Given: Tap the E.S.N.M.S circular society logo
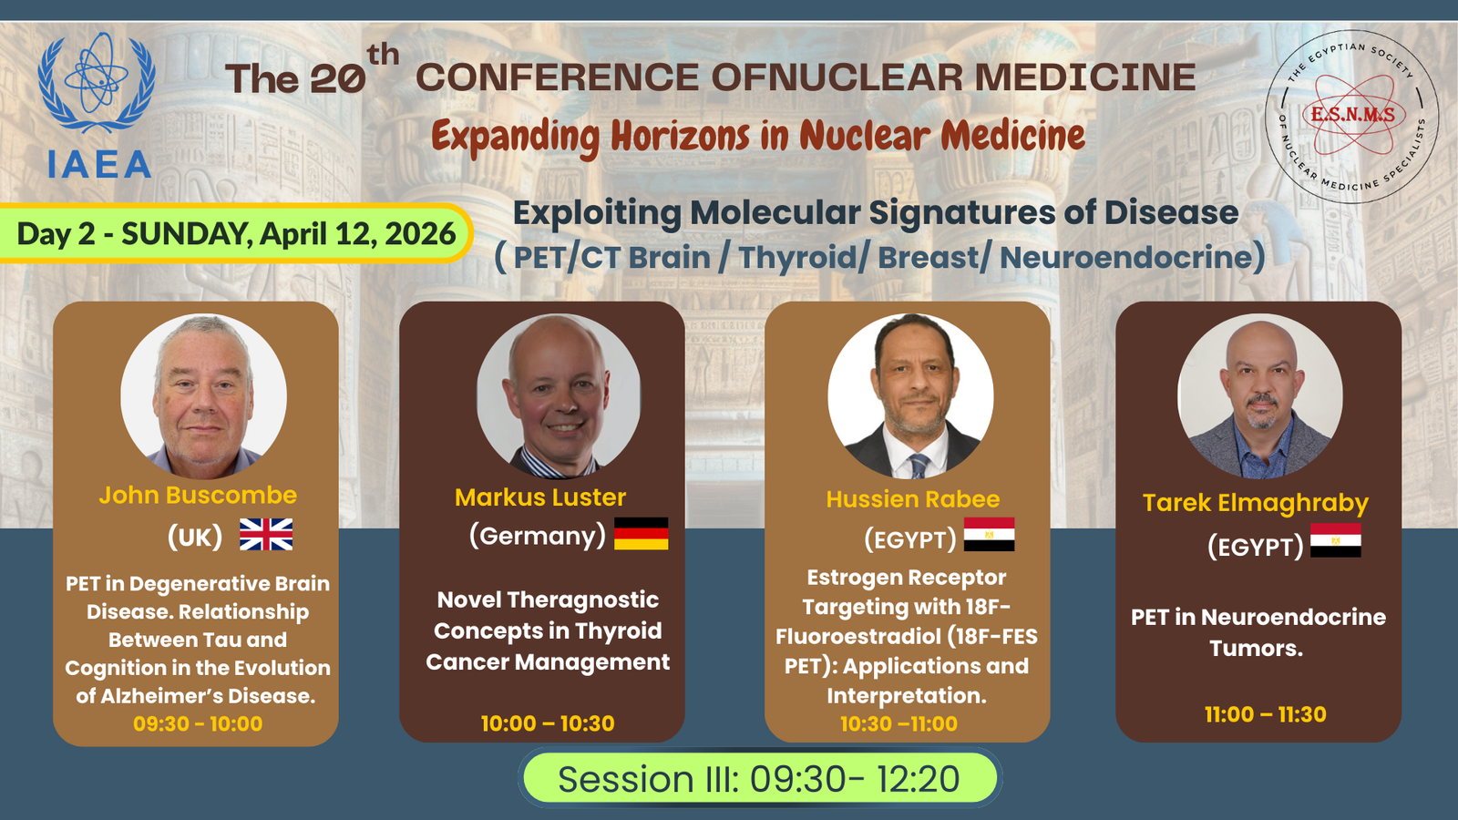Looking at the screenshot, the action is tap(1352, 117).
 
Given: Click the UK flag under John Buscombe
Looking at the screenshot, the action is tap(265, 534).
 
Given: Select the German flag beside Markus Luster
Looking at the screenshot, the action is tap(642, 534).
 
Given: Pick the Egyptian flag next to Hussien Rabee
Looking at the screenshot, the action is tap(989, 534).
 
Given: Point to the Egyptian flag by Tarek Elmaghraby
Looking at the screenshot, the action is tap(1336, 540).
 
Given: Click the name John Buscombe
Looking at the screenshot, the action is tap(198, 496).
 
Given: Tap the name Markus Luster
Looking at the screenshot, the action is tap(540, 497).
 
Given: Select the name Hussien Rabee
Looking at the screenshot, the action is tap(912, 499).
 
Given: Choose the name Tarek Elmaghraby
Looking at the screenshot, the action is tap(1256, 503).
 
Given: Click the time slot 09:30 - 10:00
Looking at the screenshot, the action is tap(198, 723).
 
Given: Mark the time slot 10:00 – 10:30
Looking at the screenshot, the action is tap(548, 723).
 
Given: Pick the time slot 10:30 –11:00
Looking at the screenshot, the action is tap(898, 723).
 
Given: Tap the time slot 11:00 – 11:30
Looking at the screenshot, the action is tap(1266, 714).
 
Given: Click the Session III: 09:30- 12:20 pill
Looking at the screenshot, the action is tap(759, 778).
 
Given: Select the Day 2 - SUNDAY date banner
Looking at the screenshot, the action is tap(236, 233).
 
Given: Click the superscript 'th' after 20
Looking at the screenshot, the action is tap(383, 55).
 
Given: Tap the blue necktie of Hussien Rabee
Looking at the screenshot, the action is tap(919, 466).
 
